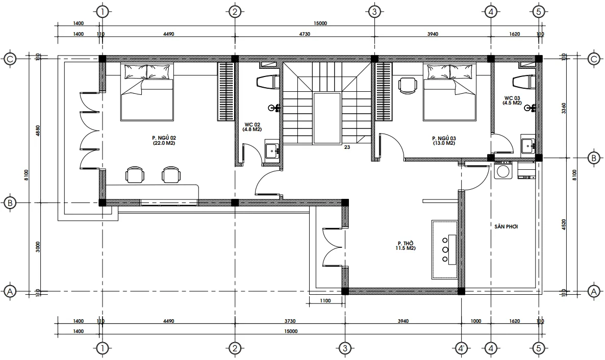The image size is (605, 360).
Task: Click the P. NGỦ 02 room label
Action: pyautogui.click(x=164, y=140)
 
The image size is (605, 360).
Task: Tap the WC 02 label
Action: pyautogui.click(x=253, y=127)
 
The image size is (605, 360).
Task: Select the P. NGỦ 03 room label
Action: pyautogui.click(x=444, y=140)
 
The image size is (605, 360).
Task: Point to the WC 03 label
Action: pyautogui.click(x=512, y=100)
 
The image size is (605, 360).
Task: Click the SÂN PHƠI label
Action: pyautogui.click(x=506, y=226)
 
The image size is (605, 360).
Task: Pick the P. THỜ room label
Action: pyautogui.click(x=406, y=246)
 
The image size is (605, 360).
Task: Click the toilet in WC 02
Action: pyautogui.click(x=267, y=82)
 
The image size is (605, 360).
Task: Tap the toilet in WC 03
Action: pyautogui.click(x=523, y=82)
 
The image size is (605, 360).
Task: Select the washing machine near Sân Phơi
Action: pyautogui.click(x=503, y=170)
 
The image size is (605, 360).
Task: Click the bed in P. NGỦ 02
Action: pyautogui.click(x=146, y=92)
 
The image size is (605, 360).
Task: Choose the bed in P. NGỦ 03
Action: pyautogui.click(x=449, y=92)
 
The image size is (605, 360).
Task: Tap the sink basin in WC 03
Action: pyautogui.click(x=527, y=146)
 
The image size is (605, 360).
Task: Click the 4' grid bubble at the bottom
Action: pyautogui.click(x=461, y=348)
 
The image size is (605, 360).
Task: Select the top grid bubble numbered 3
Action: pyautogui.click(x=374, y=12)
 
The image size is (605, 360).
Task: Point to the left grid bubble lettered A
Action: pyautogui.click(x=10, y=291)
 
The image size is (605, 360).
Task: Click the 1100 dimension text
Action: pyautogui.click(x=325, y=300)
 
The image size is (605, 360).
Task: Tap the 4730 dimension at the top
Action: pyautogui.click(x=305, y=34)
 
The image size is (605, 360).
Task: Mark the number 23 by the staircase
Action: pyautogui.click(x=347, y=147)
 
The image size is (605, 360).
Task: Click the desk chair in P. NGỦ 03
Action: pyautogui.click(x=408, y=85)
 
